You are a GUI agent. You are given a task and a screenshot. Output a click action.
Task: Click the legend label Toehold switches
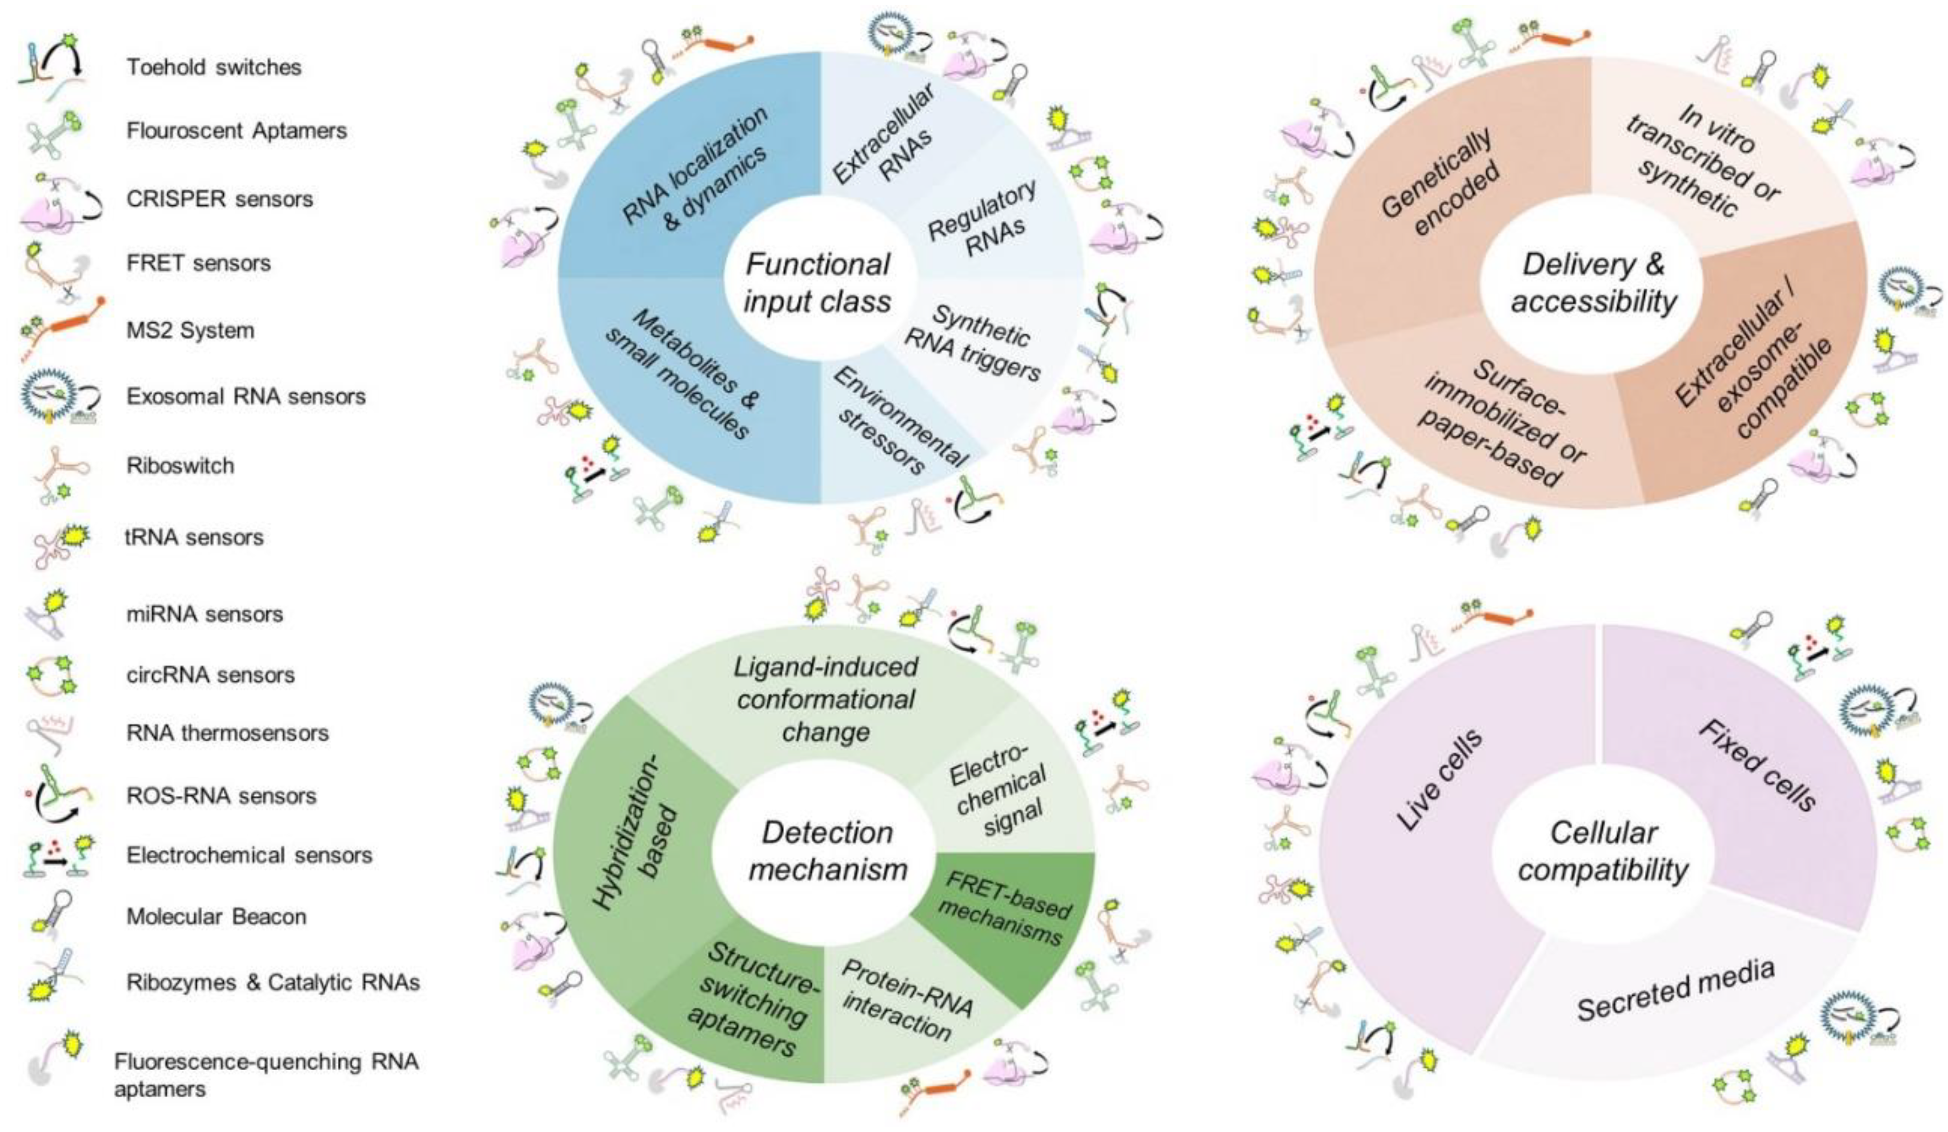(214, 67)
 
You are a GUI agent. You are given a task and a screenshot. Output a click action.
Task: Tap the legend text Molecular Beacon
(216, 916)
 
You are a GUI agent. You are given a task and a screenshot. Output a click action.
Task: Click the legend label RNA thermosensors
(227, 732)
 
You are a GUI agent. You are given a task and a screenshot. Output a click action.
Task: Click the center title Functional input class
(818, 283)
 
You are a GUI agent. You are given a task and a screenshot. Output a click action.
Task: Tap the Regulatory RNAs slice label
(983, 219)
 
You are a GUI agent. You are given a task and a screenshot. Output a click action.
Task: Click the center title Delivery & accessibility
(1594, 283)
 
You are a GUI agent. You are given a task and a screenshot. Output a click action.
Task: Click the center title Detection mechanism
(827, 851)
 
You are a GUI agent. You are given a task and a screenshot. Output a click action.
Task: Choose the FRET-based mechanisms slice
(1005, 908)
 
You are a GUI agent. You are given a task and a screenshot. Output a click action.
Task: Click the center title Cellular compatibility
(1603, 851)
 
